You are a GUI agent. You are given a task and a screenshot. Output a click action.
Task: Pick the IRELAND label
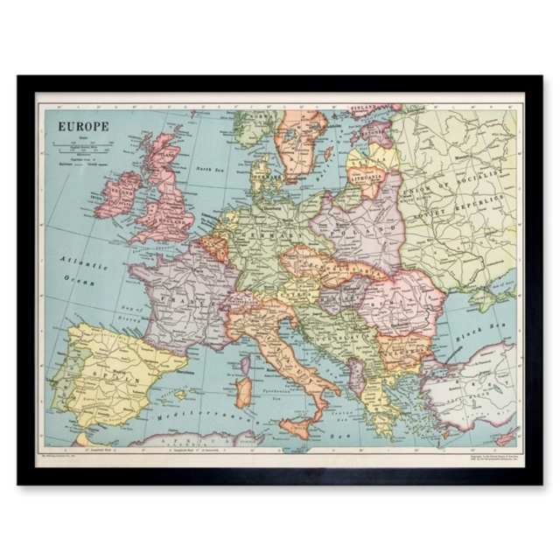pyautogui.click(x=121, y=190)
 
